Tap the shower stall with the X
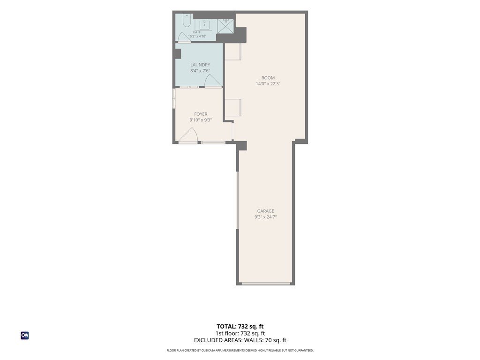pyautogui.click(x=225, y=26)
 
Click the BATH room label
pyautogui.click(x=197, y=32)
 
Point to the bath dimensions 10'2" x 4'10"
pyautogui.click(x=197, y=36)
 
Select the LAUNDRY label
pyautogui.click(x=200, y=65)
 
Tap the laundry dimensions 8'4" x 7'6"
pyautogui.click(x=200, y=71)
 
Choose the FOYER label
pyautogui.click(x=201, y=114)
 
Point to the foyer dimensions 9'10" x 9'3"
pyautogui.click(x=201, y=120)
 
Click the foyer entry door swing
pyautogui.click(x=188, y=135)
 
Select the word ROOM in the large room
pyautogui.click(x=268, y=78)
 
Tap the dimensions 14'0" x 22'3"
pyautogui.click(x=268, y=83)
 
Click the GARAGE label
pyautogui.click(x=266, y=211)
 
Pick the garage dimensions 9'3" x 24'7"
pyautogui.click(x=266, y=217)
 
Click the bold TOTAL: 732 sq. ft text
pyautogui.click(x=240, y=326)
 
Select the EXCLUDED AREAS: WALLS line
pyautogui.click(x=240, y=340)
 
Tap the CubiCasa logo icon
pyautogui.click(x=25, y=336)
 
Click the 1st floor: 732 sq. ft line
pyautogui.click(x=240, y=333)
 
